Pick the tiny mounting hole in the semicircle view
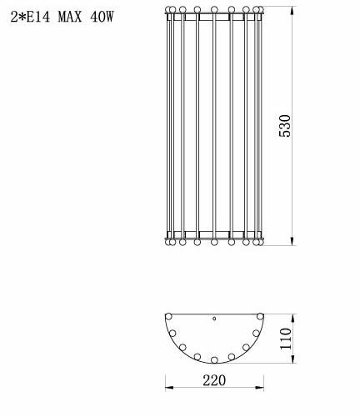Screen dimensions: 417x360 point(215,319)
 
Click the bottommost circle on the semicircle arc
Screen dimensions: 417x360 point(215,360)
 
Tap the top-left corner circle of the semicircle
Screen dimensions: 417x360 point(169,316)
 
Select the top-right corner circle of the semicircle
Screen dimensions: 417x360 point(261,316)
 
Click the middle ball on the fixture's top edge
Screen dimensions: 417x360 point(215,10)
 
